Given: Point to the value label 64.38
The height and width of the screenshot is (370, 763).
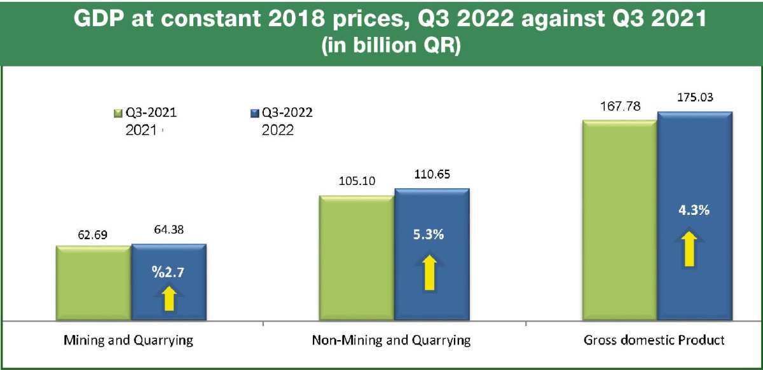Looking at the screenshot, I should click(168, 233).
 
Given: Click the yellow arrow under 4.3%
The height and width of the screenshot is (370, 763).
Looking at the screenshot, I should click(689, 249).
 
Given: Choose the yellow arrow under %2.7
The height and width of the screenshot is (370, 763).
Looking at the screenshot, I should click(169, 298).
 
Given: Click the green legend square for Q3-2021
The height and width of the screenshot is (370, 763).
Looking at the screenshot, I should click(117, 114).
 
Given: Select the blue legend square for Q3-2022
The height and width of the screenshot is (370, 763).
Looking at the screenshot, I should click(255, 114).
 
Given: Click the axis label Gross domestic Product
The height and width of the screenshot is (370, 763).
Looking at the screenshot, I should click(654, 340).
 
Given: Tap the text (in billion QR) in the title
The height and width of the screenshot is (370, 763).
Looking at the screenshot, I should click(381, 48).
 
